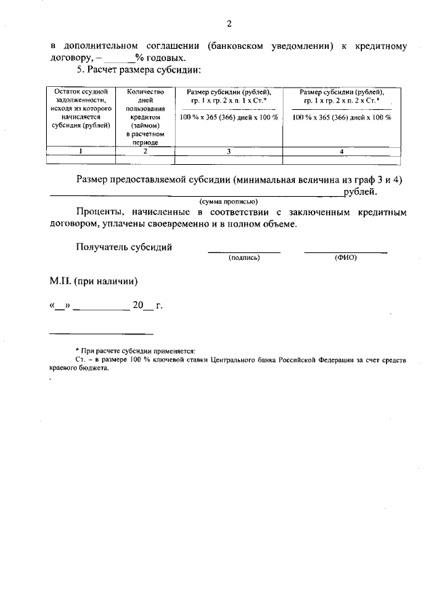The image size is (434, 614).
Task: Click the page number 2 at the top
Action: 229,24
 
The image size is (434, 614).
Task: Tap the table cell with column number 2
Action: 146,152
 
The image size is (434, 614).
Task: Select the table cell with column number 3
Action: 229,152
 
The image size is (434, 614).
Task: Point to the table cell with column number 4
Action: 342,152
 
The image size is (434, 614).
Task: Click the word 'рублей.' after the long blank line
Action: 359,192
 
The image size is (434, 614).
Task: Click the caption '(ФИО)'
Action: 345,258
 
